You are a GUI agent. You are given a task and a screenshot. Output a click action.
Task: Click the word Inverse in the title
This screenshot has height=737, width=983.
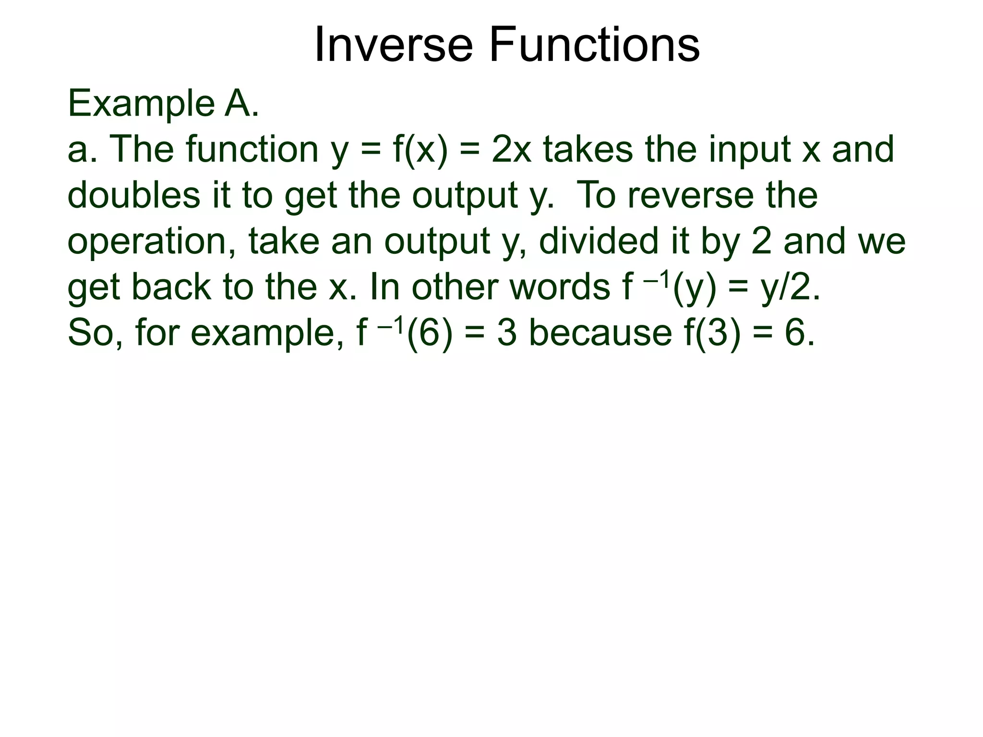point(393,45)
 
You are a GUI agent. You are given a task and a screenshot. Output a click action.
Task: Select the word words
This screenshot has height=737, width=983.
point(560,287)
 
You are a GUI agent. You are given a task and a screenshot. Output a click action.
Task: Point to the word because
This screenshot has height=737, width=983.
point(600,333)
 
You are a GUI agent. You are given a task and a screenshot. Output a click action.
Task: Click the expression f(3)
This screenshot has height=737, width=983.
point(711,333)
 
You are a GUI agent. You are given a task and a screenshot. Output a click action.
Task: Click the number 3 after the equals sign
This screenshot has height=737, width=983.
point(507,333)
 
